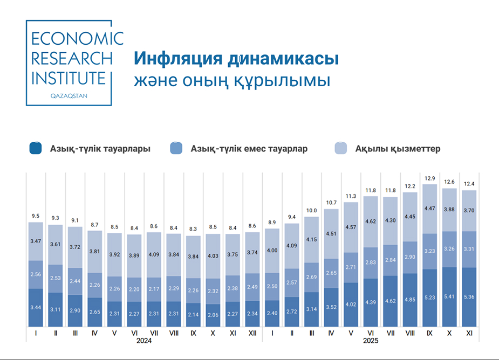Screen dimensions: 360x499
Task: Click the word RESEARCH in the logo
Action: [72, 58]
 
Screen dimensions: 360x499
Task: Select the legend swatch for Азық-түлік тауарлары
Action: [36, 148]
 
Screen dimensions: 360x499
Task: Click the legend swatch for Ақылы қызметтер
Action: [341, 148]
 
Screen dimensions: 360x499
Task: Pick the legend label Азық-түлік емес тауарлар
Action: [249, 149]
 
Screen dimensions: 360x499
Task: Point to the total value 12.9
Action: [430, 178]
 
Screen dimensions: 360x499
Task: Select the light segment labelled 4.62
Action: [370, 221]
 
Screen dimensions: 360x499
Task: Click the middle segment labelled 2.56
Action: [36, 274]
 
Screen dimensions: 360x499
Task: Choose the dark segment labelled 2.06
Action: [213, 315]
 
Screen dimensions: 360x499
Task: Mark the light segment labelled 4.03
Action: [213, 256]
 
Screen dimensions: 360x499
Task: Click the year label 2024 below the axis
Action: [144, 341]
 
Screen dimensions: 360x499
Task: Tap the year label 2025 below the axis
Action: [370, 341]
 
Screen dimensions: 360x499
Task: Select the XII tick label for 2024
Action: [252, 333]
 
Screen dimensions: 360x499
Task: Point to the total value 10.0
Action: [311, 211]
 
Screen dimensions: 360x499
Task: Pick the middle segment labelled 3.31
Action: [469, 249]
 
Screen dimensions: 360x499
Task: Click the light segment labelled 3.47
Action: [36, 241]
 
